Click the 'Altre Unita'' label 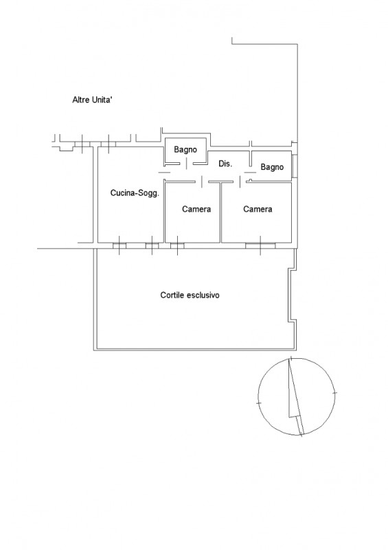point(92,100)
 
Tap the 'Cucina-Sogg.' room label point(135,193)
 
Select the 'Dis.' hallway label point(225,164)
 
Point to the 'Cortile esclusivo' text point(190,295)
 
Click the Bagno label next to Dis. point(272,167)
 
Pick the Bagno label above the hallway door point(185,150)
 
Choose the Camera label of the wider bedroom point(258,209)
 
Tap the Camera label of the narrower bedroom point(196,209)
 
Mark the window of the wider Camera point(260,245)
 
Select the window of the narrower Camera point(177,245)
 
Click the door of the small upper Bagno point(186,164)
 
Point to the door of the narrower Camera point(202,181)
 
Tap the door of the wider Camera point(240,181)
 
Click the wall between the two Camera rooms point(221,212)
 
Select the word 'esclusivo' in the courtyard point(204,295)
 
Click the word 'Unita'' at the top point(102,100)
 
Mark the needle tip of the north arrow point(289,358)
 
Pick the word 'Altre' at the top point(80,100)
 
